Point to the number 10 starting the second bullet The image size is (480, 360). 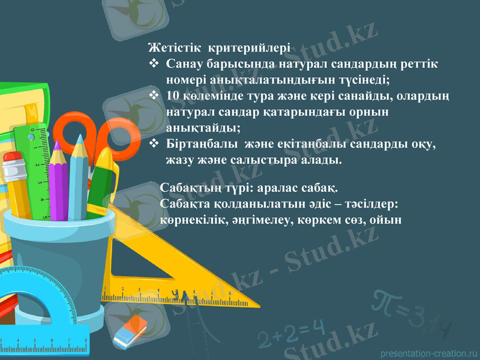(173, 95)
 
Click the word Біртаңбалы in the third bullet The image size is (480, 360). (195, 145)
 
